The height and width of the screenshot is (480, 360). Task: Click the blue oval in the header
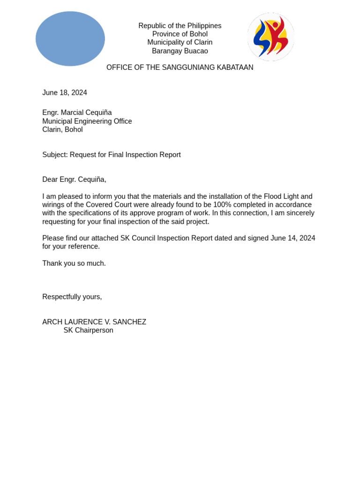(x=70, y=38)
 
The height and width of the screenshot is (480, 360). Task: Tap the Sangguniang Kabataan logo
(x=271, y=37)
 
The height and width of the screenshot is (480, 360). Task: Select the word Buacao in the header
(x=196, y=51)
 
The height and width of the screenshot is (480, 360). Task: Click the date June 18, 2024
(x=65, y=93)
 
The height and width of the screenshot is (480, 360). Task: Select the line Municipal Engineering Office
(x=87, y=121)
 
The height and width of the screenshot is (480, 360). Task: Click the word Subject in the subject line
(x=55, y=155)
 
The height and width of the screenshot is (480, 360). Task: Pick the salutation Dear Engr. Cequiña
(x=74, y=180)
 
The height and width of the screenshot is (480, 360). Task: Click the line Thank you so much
(x=74, y=263)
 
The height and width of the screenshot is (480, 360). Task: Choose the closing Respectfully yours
(x=72, y=297)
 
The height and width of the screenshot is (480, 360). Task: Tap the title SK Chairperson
(x=88, y=330)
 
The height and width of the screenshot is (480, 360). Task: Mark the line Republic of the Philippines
(x=180, y=26)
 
